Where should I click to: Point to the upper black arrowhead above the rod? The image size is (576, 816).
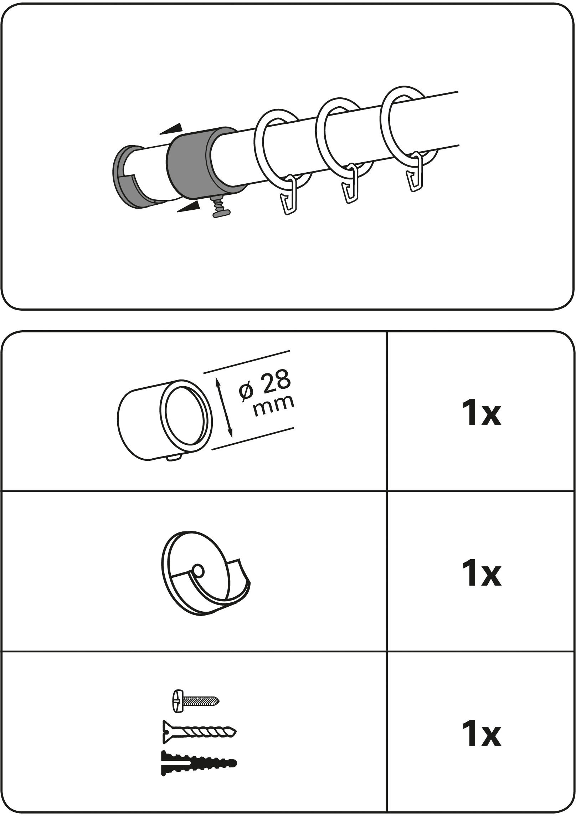(171, 129)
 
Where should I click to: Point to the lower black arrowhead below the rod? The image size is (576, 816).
(188, 207)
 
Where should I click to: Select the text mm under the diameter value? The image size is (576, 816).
(274, 404)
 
